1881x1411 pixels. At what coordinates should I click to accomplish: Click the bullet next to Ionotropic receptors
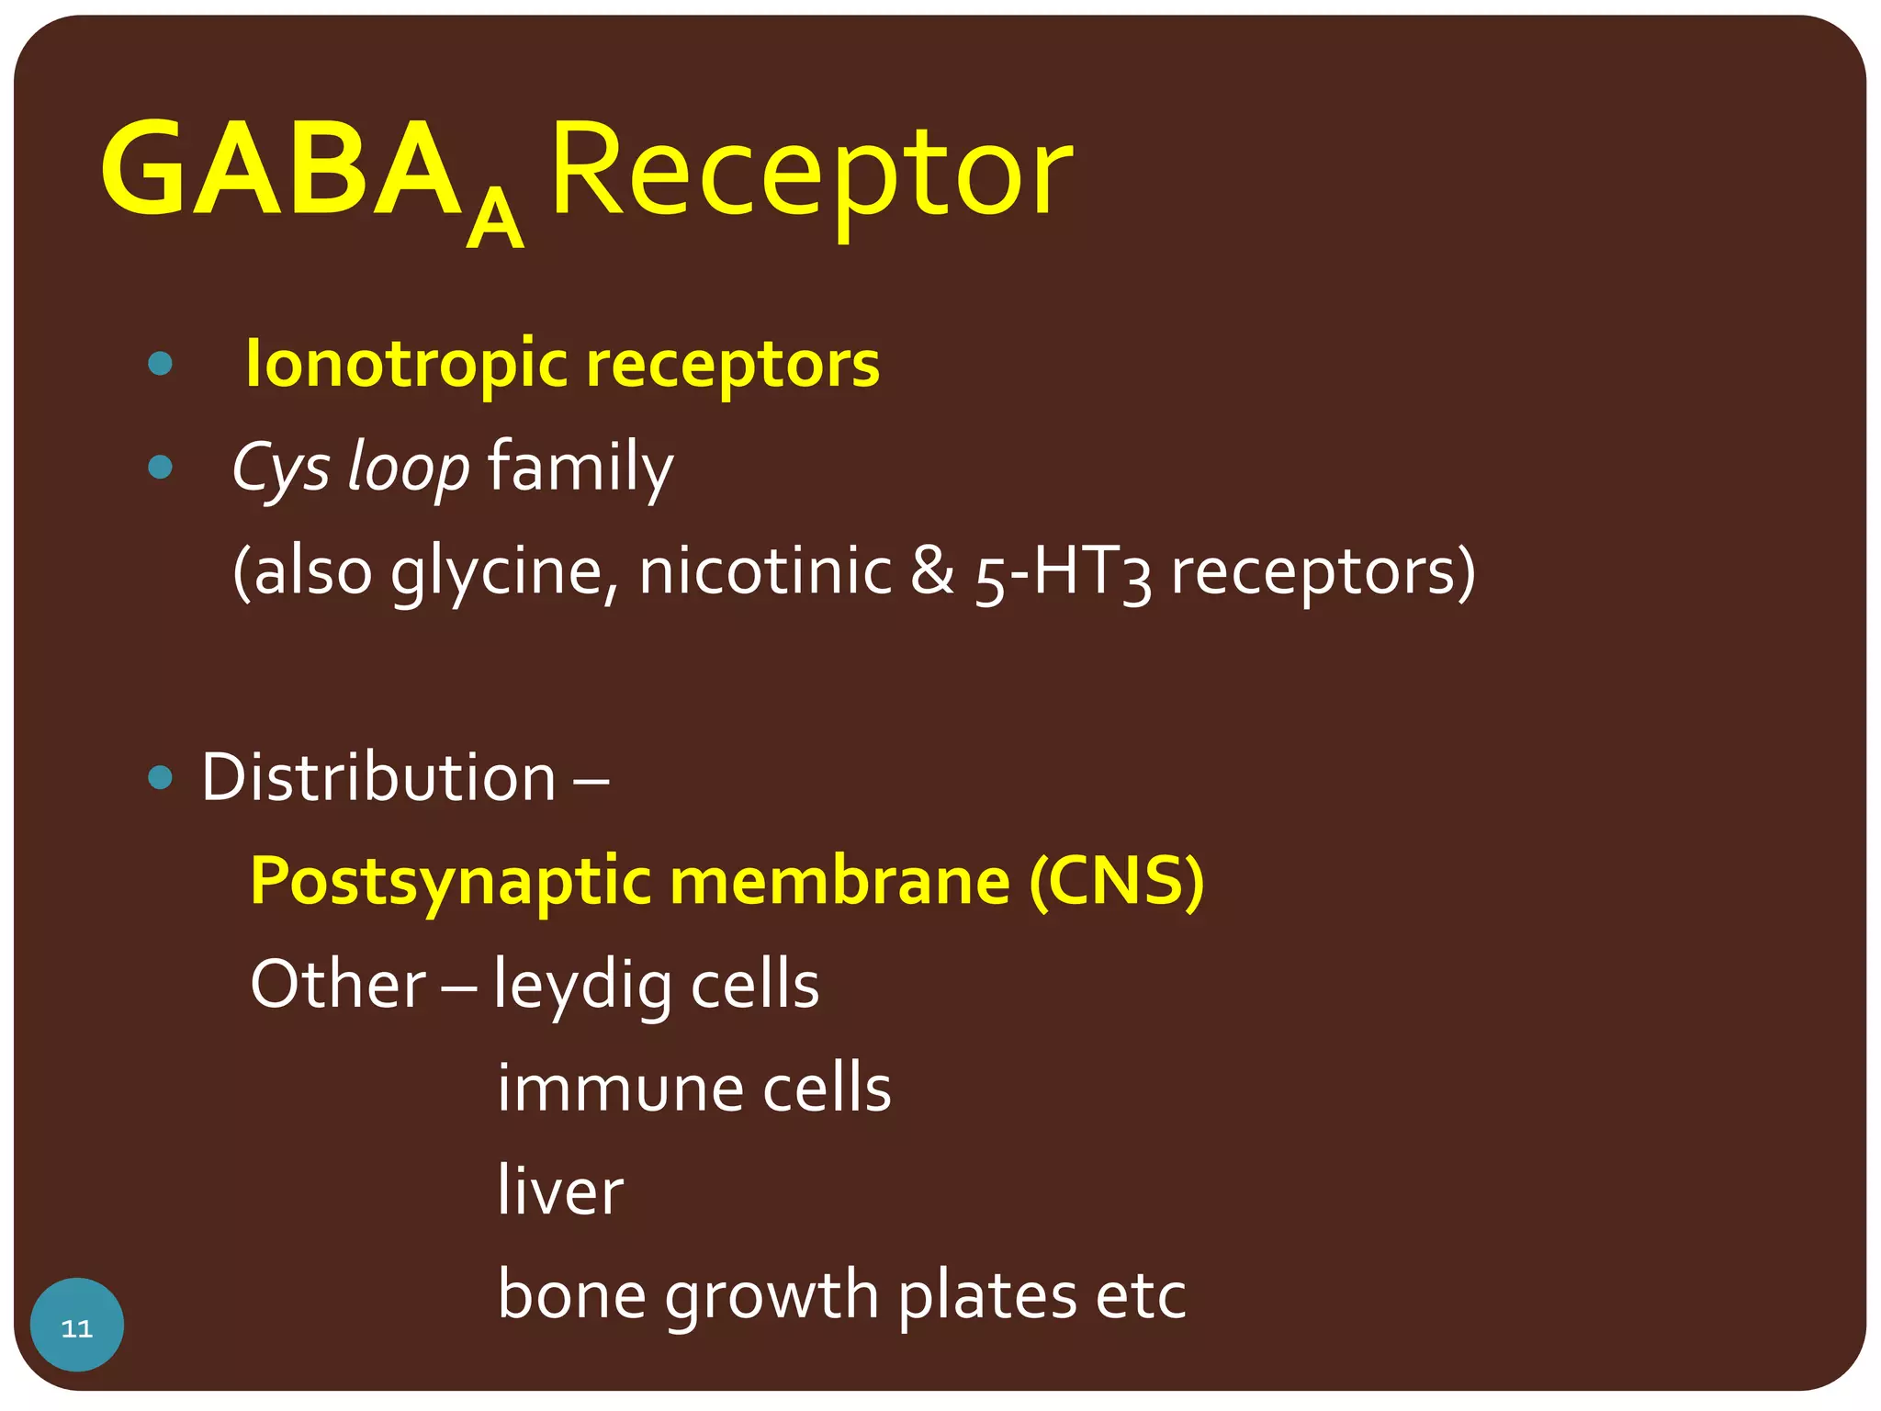tap(160, 364)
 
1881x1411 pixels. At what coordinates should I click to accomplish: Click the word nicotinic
tap(764, 571)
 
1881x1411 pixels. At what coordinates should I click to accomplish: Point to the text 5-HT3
tap(1063, 573)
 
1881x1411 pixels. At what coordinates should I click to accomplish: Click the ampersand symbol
tap(932, 571)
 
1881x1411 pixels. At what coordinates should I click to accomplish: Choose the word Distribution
tap(378, 778)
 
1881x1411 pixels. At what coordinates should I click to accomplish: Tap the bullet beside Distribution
tap(160, 778)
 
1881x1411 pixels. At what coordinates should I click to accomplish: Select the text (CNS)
tap(1116, 882)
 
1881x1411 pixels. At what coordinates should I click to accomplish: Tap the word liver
tap(559, 1191)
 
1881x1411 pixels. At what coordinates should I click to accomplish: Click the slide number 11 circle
tap(77, 1325)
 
